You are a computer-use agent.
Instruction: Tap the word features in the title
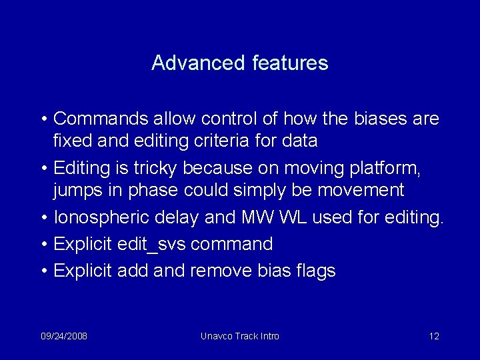tap(291, 63)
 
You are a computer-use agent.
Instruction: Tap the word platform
tap(385, 168)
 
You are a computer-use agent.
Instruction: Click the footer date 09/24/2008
tap(63, 336)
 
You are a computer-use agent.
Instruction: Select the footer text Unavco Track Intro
tap(240, 336)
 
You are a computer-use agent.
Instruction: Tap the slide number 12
tap(434, 336)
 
